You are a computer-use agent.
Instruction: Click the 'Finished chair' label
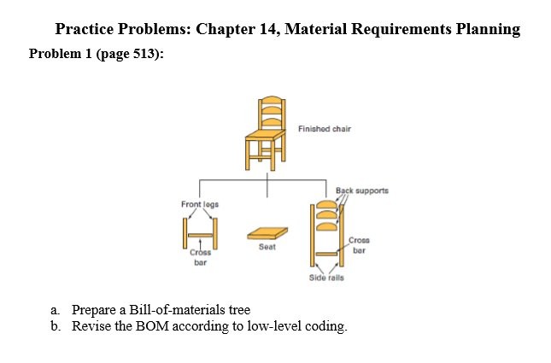point(325,129)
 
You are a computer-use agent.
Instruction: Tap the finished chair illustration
point(266,133)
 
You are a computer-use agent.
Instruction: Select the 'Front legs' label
point(200,204)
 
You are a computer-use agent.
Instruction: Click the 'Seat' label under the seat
point(267,247)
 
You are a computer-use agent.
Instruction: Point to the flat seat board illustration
point(267,234)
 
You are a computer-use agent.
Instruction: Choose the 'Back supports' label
point(362,190)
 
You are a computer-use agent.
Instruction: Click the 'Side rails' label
point(326,278)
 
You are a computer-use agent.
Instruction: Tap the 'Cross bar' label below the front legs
point(200,257)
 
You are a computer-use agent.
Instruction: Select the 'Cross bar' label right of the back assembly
point(359,245)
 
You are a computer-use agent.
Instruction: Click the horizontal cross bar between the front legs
point(200,235)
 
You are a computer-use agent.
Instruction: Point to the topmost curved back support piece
point(326,205)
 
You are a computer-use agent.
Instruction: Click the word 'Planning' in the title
point(488,29)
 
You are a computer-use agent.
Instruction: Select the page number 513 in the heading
point(144,54)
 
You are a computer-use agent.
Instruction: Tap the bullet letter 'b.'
point(55,326)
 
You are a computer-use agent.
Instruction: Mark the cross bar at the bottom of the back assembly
point(326,254)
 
